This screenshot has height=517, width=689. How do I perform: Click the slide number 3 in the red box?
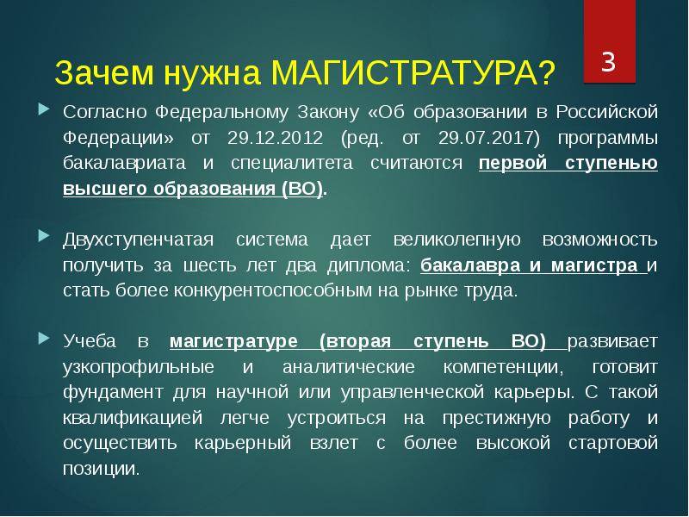point(608,63)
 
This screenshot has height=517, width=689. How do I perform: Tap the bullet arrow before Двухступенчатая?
point(44,237)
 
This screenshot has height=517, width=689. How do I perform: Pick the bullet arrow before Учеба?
point(44,339)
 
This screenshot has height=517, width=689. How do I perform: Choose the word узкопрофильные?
point(138,365)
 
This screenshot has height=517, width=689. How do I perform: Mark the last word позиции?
point(100,470)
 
